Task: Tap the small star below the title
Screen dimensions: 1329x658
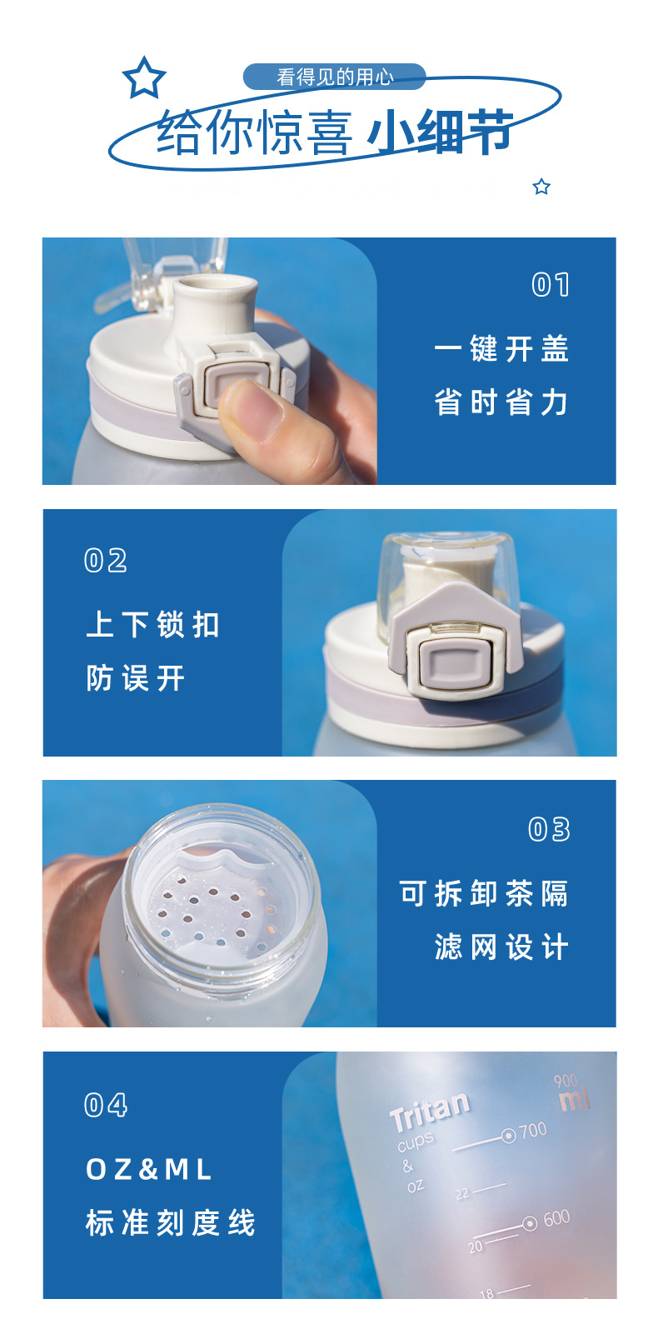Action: pos(541,187)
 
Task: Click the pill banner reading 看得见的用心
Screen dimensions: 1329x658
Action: pos(335,77)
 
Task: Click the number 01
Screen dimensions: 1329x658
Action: pos(551,285)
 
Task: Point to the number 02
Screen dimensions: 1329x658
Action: pos(106,561)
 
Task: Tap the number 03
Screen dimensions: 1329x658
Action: pos(549,829)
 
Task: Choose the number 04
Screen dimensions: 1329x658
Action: pos(106,1105)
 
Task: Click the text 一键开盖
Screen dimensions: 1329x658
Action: pos(501,349)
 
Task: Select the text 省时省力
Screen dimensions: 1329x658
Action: pos(501,402)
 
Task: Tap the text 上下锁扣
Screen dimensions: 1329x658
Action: pos(153,624)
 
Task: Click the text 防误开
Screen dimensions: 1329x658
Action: pos(136,678)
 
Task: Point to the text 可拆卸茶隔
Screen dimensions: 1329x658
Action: pos(484,894)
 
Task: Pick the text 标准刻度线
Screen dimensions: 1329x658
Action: pos(171,1222)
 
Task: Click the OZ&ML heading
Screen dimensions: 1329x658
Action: pos(149,1169)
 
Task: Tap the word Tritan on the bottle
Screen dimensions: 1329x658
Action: pos(430,1110)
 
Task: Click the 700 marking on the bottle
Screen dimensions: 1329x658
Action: pos(532,1131)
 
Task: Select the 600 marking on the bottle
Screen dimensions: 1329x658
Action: pos(556,1219)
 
